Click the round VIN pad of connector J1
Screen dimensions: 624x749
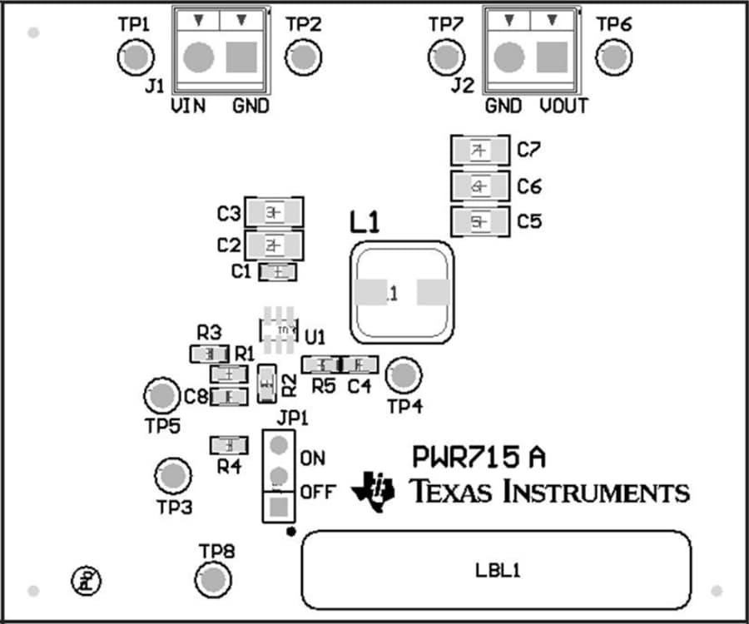coord(198,57)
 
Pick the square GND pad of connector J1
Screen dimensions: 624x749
coord(242,57)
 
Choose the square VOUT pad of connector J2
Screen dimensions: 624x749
coord(551,57)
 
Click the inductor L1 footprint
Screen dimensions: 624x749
coord(403,293)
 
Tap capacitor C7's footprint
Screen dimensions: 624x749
coord(479,151)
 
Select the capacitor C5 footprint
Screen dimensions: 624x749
coord(479,222)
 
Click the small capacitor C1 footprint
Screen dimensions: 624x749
coord(278,272)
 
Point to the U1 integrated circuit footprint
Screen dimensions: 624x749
coord(280,330)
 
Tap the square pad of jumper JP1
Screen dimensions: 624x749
coord(280,505)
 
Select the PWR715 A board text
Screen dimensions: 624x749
coord(479,457)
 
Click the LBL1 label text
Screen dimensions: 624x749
coord(497,571)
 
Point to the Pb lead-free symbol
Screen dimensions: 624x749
coord(85,576)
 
